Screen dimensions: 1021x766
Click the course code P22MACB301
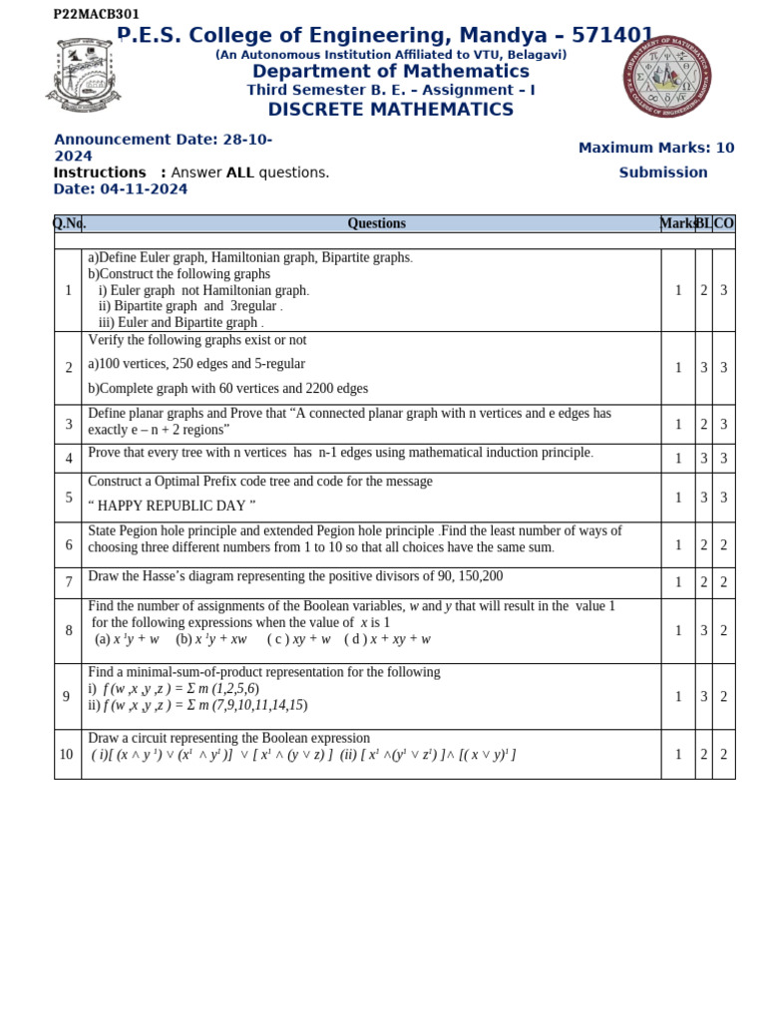97,14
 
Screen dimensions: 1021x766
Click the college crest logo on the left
84,74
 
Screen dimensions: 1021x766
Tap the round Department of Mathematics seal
667,75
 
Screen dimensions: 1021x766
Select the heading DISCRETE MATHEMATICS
390,110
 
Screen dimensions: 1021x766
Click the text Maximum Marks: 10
655,148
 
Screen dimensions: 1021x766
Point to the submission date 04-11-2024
144,189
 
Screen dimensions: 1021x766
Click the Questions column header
376,223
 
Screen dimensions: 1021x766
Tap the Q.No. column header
69,223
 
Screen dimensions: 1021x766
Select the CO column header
723,223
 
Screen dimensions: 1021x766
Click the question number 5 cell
68,498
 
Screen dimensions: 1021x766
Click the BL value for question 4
703,459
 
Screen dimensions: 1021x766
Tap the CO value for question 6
723,545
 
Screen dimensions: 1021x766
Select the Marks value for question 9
678,697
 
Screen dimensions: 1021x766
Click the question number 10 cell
67,755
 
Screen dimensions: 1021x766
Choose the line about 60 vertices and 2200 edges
227,389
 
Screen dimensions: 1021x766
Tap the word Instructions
100,172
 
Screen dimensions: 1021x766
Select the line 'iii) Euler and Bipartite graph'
180,322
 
